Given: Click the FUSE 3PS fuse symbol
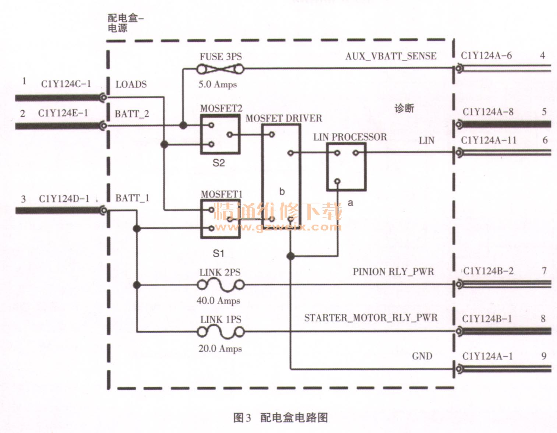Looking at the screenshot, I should coord(220,69).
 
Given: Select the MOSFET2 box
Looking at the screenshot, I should coord(220,134).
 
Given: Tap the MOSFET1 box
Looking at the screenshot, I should coord(220,219).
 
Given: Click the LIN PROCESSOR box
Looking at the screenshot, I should coord(346,167).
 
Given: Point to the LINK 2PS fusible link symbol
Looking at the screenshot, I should coord(221,285).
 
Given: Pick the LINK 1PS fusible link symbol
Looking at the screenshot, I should coord(221,332).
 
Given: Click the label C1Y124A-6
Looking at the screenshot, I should coord(486,56).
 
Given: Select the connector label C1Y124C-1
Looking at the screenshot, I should coord(66,84).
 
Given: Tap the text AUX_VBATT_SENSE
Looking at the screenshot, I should coord(391,56).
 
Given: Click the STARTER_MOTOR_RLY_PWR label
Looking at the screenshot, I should coord(371,318).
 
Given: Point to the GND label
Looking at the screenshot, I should coord(422,356).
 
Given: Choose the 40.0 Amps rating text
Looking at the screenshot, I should coord(218,300).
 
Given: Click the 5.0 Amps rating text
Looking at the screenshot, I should coord(218,84).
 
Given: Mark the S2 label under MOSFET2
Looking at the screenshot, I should coord(219,163).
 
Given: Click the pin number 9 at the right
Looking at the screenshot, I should coord(544,356).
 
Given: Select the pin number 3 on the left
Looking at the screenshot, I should coord(23,199).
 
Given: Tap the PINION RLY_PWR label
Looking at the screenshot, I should coord(393,272).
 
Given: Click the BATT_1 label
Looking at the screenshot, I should coord(132,198).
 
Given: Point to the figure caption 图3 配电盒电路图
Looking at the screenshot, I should coord(281,418).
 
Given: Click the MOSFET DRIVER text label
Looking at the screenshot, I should coord(284,118).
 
